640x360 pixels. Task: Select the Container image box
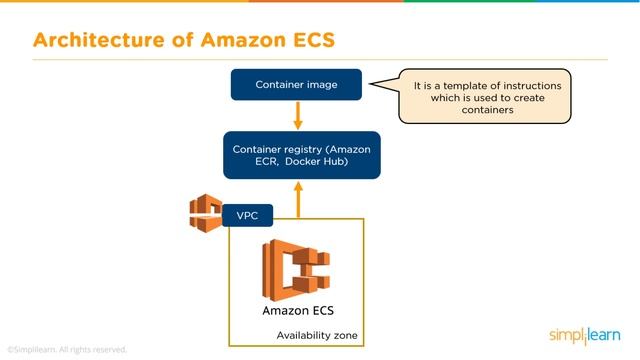[296, 85]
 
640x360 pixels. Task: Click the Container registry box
[301, 155]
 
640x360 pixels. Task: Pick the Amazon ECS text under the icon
[296, 311]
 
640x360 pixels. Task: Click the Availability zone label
[317, 334]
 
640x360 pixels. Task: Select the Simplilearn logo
[585, 335]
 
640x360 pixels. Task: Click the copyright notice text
[67, 350]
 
